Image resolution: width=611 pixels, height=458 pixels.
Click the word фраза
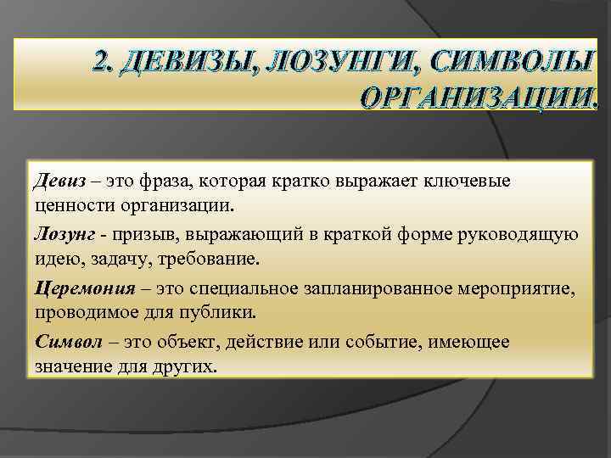click(154, 181)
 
